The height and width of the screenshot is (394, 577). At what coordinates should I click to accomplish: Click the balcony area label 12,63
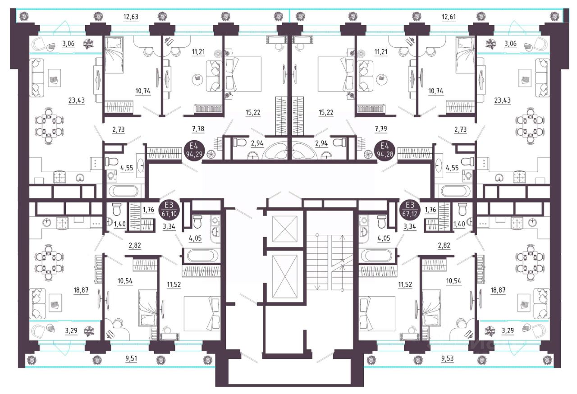(x=131, y=17)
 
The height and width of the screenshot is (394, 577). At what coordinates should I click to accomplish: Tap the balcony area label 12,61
(x=449, y=17)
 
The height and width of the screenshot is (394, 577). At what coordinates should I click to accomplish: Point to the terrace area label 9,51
(x=131, y=358)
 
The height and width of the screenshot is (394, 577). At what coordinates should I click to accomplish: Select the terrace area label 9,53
(x=447, y=358)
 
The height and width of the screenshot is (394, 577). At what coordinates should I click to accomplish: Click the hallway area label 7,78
(x=198, y=129)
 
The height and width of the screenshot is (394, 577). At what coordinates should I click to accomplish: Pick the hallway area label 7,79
(x=381, y=129)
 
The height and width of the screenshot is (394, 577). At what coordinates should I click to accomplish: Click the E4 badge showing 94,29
(x=194, y=151)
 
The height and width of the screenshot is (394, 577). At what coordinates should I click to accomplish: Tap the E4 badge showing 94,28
(x=385, y=151)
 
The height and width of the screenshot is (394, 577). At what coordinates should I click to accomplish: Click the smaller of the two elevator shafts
(x=284, y=229)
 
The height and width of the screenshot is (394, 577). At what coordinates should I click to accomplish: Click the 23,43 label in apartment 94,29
(x=77, y=100)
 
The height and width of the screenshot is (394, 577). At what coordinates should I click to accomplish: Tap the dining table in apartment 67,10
(x=50, y=263)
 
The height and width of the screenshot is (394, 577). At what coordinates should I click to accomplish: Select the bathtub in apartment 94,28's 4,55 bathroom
(x=453, y=191)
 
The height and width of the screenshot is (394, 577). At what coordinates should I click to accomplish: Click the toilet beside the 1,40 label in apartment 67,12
(x=463, y=209)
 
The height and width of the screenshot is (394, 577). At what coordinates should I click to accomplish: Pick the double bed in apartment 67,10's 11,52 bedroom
(x=202, y=313)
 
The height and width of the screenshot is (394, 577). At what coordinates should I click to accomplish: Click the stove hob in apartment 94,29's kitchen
(x=60, y=178)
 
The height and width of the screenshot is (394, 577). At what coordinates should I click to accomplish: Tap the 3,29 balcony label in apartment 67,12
(x=508, y=330)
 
